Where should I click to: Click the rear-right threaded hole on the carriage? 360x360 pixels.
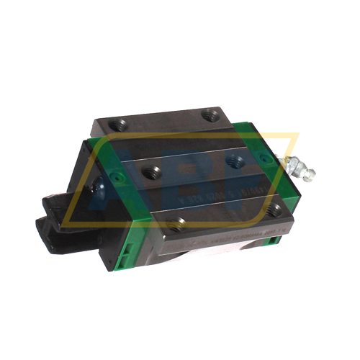[211, 114]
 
